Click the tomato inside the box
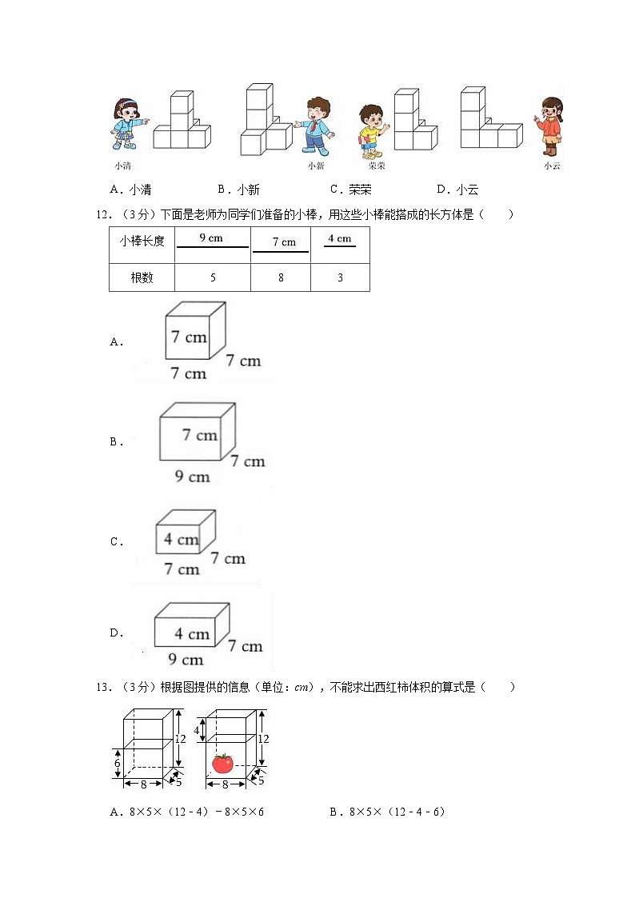coord(223,763)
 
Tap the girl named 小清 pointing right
coord(127,124)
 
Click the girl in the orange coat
coord(551,126)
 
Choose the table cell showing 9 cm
coord(213,245)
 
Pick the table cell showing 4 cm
coord(340,245)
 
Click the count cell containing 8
coord(281,277)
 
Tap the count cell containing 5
coord(213,277)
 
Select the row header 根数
coord(142,277)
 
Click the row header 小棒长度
coord(142,241)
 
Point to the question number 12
coord(104,215)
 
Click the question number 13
coord(104,687)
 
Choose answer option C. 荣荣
coord(350,190)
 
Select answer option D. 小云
coord(457,190)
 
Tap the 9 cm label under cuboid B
coord(193,477)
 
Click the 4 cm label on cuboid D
coord(193,634)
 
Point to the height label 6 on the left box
coord(118,763)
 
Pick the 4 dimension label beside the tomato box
coord(197,731)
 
